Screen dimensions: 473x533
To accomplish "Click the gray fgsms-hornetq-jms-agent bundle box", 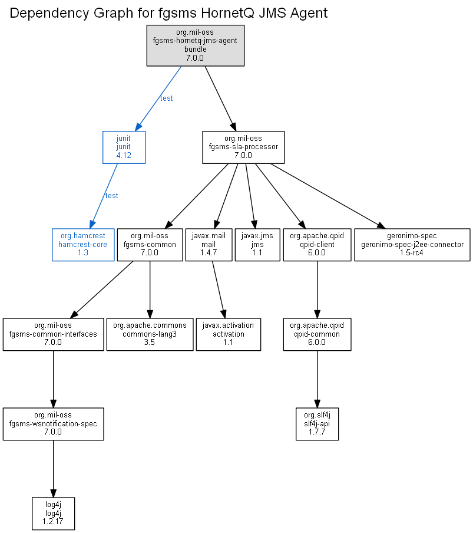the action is click(195, 45).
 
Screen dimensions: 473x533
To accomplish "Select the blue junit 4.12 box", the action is click(124, 147).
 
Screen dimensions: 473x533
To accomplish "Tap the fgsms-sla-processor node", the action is click(243, 147).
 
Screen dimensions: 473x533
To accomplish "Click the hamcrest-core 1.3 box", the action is click(83, 245).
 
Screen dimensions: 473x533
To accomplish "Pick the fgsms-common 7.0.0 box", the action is click(150, 245).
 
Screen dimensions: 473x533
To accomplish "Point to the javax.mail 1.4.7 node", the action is click(209, 245).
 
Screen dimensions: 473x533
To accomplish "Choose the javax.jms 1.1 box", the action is click(257, 245).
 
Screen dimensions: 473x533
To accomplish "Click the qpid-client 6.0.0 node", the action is click(317, 245).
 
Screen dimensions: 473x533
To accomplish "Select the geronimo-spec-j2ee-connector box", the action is click(412, 245).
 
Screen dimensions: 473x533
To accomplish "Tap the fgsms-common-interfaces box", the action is click(54, 334).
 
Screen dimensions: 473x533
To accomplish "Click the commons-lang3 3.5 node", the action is click(150, 334).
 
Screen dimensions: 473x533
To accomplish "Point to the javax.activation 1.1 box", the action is click(229, 334).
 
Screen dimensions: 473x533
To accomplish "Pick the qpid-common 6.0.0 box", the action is click(317, 334).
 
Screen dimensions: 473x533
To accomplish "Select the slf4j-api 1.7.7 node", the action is click(317, 424).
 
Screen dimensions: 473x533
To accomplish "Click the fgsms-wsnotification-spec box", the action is click(54, 424).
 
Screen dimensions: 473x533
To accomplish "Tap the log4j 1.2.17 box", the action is click(54, 514).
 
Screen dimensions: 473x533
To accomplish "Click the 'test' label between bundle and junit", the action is click(166, 98).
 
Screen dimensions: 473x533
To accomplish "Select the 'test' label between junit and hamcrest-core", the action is click(111, 196).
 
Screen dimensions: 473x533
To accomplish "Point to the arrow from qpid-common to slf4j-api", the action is click(317, 379).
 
